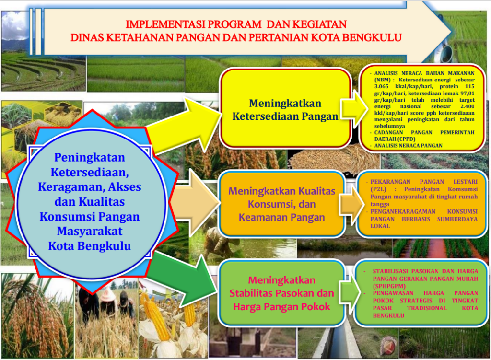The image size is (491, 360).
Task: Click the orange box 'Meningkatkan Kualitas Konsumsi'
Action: (x=282, y=204)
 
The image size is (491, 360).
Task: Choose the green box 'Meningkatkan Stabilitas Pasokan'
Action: (x=282, y=293)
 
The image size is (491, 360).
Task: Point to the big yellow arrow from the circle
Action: (x=185, y=125)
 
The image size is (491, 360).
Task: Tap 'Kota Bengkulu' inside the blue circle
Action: (x=90, y=246)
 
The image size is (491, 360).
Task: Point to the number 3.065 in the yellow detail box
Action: (x=381, y=86)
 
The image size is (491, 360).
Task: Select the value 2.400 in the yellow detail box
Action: (x=467, y=106)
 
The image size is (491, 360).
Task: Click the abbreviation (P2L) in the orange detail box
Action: (x=378, y=189)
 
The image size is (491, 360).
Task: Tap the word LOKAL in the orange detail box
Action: (x=380, y=226)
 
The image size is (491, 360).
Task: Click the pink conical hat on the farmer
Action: (x=107, y=294)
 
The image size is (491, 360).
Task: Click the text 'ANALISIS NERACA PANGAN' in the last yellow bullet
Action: (x=409, y=146)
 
